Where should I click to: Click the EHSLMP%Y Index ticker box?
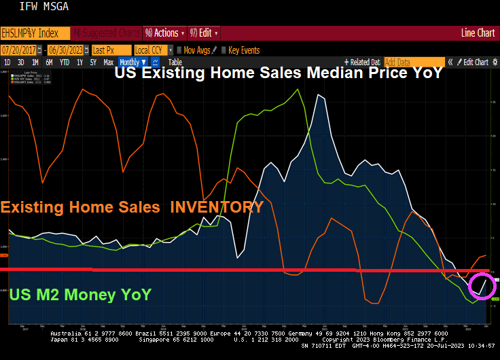point(34,33)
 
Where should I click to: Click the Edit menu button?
point(203,33)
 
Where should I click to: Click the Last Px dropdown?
point(110,50)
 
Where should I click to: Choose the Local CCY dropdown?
point(152,50)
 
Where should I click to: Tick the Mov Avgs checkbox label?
point(197,50)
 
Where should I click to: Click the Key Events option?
point(243,50)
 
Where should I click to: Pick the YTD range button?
point(65,62)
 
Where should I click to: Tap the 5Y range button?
point(93,62)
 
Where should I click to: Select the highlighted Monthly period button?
point(132,62)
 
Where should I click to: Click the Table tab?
point(175,62)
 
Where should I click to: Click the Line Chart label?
point(478,33)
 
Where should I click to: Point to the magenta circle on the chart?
point(483,285)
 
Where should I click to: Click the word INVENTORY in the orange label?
point(217,207)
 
